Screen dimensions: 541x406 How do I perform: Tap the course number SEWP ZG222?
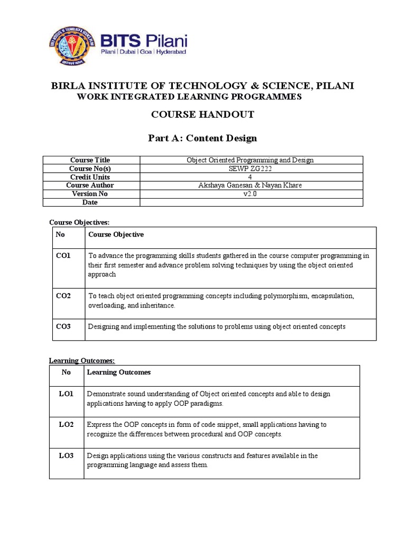click(x=251, y=169)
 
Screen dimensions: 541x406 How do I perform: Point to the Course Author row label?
click(x=90, y=185)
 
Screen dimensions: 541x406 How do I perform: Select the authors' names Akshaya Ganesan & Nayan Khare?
click(x=251, y=185)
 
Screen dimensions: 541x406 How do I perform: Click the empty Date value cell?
click(x=251, y=202)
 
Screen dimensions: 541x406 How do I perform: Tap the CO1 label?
click(x=63, y=255)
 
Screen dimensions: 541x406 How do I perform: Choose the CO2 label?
click(x=63, y=296)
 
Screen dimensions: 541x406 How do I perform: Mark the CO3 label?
click(x=63, y=327)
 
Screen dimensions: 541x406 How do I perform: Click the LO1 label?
click(x=66, y=394)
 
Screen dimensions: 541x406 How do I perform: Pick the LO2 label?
click(x=66, y=424)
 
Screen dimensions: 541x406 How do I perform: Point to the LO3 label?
click(x=66, y=455)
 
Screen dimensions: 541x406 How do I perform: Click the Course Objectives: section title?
click(x=79, y=222)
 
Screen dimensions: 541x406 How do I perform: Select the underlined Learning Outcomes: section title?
click(x=82, y=360)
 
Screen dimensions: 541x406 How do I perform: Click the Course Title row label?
click(x=90, y=160)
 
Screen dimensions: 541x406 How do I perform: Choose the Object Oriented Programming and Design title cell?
click(x=251, y=160)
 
